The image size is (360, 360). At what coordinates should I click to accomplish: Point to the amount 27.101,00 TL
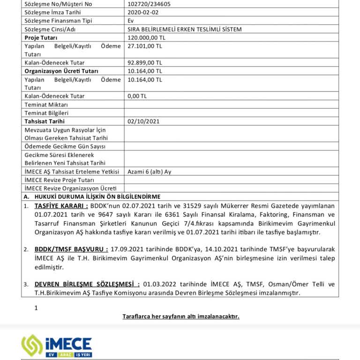144,46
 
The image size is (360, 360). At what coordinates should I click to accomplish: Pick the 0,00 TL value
137,96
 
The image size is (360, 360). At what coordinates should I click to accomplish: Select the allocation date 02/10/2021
143,121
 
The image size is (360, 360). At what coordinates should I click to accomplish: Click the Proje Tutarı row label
41,37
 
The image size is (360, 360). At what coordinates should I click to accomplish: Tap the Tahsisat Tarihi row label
45,121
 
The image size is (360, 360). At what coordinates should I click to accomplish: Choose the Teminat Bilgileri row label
46,113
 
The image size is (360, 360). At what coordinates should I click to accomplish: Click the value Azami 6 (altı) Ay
149,172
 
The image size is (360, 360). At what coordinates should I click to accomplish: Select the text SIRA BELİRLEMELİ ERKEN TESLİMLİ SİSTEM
185,29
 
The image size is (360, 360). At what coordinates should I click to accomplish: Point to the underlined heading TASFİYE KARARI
61,206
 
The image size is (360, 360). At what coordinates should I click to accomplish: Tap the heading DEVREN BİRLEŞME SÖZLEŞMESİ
87,285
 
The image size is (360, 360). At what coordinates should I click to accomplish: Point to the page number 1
36,308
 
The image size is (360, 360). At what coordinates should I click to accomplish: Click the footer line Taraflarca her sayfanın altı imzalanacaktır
180,316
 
